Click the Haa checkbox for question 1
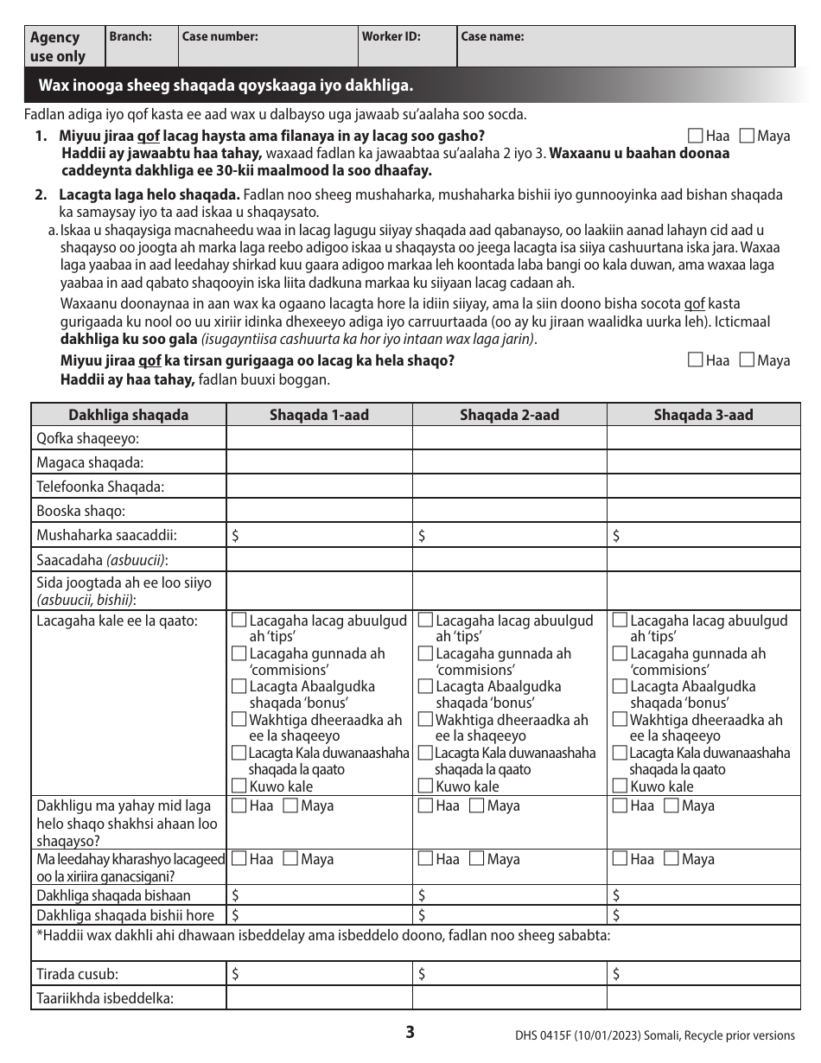coord(696,136)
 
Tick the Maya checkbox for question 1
coord(748,136)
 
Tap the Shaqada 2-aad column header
coord(509,415)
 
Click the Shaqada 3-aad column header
coord(703,415)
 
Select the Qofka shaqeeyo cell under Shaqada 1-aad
coord(319,438)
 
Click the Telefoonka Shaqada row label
coord(100,487)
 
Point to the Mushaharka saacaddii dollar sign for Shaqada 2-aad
coord(422,536)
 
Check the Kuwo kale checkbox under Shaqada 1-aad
coord(239,786)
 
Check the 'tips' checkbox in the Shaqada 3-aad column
coord(620,621)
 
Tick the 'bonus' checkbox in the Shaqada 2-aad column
coord(425,686)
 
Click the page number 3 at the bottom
coord(410,1032)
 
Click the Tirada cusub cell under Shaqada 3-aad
coord(703,974)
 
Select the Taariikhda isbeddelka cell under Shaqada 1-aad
coord(319,998)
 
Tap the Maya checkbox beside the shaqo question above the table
coord(748,360)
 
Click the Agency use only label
coord(58,47)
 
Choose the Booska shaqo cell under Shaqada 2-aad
coord(509,511)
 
